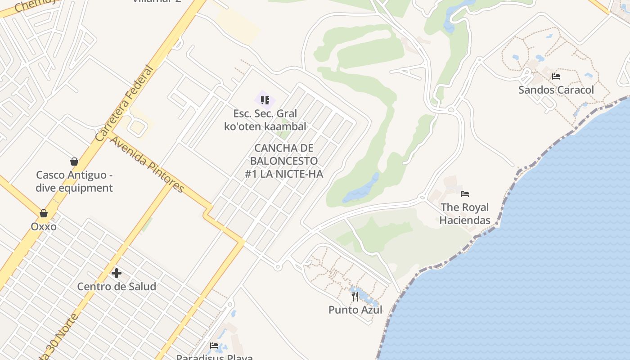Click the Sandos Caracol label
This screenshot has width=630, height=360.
tap(556, 90)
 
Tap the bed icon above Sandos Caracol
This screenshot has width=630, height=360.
tap(556, 76)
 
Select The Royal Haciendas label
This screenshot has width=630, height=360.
tap(465, 214)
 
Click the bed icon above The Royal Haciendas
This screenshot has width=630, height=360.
tap(465, 194)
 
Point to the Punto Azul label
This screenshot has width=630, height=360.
tap(355, 310)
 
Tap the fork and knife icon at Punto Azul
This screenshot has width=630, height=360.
tap(355, 296)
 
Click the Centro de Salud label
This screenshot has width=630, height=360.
tap(117, 286)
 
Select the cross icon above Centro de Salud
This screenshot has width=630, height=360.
tap(117, 273)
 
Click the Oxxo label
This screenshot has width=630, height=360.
tap(44, 226)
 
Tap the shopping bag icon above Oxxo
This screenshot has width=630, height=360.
tap(44, 213)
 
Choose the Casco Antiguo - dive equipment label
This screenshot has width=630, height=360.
tap(74, 181)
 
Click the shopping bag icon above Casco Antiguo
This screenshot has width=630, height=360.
tap(74, 162)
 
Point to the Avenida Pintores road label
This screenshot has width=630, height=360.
tap(147, 164)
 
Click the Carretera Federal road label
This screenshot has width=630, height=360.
tap(124, 103)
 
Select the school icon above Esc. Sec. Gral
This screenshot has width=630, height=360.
tap(265, 100)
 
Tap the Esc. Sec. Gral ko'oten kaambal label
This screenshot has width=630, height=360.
tap(265, 120)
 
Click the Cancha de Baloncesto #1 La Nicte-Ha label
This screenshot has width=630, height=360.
tap(284, 161)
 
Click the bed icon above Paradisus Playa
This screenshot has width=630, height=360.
tap(214, 346)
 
